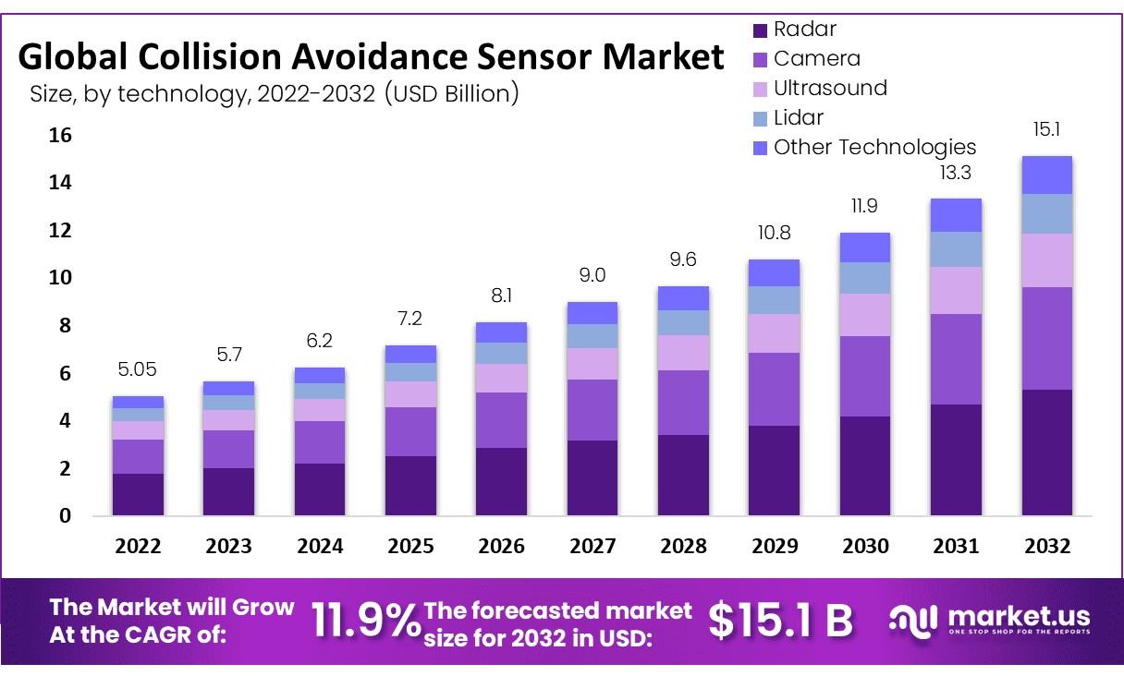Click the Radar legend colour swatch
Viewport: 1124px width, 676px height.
(x=761, y=30)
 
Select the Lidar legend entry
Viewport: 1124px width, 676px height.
(x=798, y=117)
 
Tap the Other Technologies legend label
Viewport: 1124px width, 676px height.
(x=874, y=147)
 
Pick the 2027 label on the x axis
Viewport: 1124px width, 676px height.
(x=593, y=546)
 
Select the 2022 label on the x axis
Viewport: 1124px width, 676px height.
(x=138, y=546)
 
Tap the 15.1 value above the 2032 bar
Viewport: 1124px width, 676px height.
(x=1046, y=128)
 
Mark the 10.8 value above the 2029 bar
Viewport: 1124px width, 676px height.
(x=775, y=233)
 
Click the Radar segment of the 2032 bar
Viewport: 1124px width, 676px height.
(x=1046, y=453)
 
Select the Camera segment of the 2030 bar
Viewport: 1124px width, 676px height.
(x=865, y=376)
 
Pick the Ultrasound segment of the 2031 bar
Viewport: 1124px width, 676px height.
(x=956, y=290)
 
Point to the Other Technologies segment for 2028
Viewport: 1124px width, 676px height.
(x=684, y=297)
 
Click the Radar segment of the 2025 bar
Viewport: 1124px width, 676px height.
(x=410, y=486)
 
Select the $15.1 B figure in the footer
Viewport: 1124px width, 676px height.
(x=780, y=621)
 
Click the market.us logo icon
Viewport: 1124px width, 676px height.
(x=913, y=620)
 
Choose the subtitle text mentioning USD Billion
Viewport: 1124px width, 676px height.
(x=274, y=93)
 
